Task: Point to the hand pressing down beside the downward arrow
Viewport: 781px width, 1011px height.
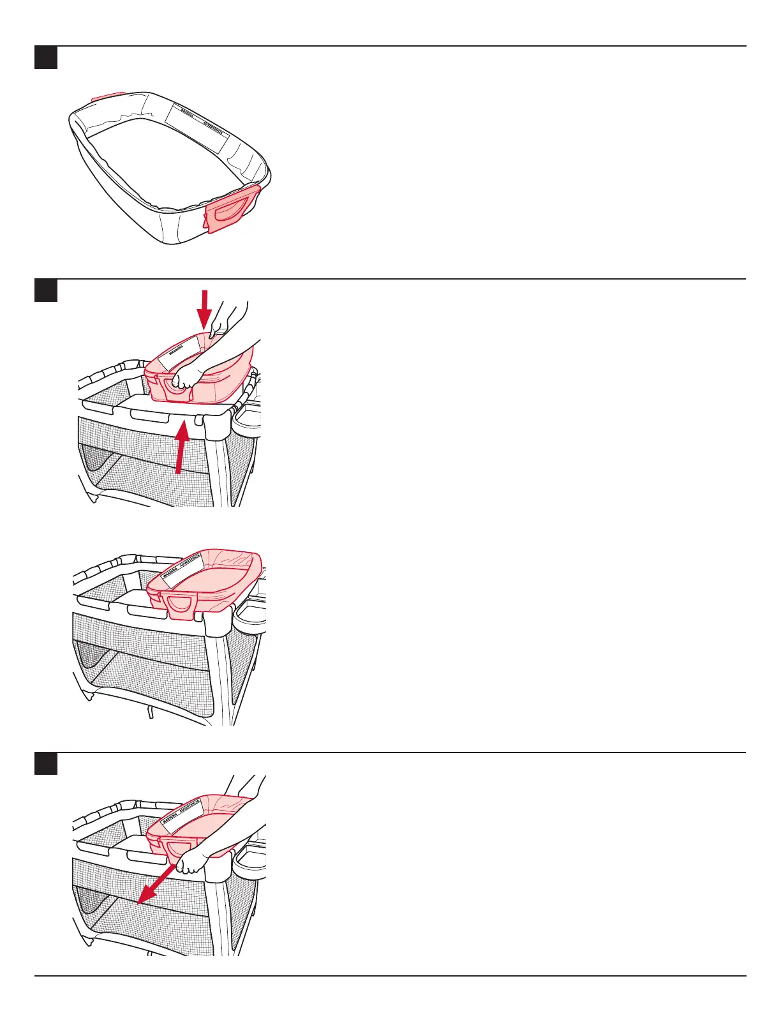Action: point(225,319)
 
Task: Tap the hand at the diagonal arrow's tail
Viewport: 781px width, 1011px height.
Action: point(189,864)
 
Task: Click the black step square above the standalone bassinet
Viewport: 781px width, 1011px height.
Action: point(45,57)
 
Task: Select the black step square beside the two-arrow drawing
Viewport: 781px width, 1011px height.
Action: point(45,290)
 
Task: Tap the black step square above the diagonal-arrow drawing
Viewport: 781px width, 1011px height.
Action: point(45,764)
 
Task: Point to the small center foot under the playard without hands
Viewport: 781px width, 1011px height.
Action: point(151,711)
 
